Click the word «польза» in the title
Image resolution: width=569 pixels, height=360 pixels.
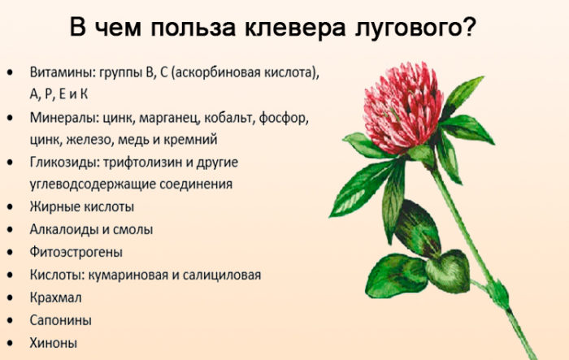pos(193,28)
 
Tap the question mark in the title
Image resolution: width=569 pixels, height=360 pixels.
pos(469,26)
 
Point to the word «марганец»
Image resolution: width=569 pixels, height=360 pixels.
pos(169,119)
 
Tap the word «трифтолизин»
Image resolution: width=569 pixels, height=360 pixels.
pos(142,163)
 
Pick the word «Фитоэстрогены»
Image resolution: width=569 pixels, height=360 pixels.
pos(76,252)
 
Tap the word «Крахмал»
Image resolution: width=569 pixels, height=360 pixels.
pos(55,297)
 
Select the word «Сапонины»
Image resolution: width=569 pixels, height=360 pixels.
pos(61,320)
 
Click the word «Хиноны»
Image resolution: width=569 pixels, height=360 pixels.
pos(54,343)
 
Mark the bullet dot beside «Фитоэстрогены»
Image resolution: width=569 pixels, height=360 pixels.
pos(10,252)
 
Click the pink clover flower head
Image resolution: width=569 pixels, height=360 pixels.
pos(402,107)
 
